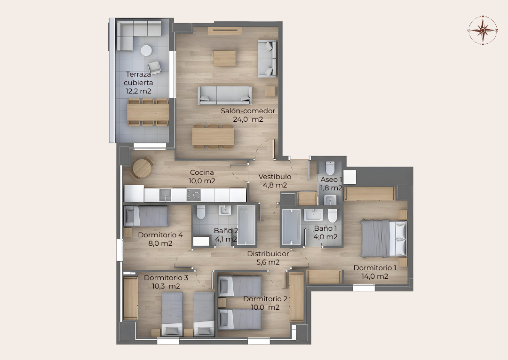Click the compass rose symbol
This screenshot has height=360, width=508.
click(x=483, y=30)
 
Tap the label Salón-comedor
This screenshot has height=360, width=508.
click(x=248, y=111)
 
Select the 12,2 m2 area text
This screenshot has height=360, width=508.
click(x=138, y=91)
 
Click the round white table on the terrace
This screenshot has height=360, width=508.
click(x=146, y=50)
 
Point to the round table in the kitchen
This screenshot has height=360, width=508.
click(x=142, y=168)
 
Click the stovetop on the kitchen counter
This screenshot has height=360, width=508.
click(x=193, y=195)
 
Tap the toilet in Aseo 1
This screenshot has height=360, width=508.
click(x=330, y=168)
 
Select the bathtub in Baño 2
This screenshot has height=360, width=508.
click(x=246, y=225)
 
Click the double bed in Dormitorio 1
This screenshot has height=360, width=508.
click(x=383, y=238)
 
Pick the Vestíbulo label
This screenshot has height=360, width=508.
click(x=275, y=177)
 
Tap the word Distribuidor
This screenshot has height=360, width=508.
click(x=268, y=254)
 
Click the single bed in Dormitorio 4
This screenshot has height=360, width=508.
click(x=146, y=216)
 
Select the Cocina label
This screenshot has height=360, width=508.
click(x=202, y=172)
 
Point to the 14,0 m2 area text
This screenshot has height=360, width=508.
click(x=375, y=276)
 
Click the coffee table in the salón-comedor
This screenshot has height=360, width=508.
click(x=224, y=59)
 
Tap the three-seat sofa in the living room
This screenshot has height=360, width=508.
click(x=225, y=95)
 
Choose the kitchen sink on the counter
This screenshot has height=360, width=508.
click(x=165, y=195)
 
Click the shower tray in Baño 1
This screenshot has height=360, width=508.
click(x=291, y=227)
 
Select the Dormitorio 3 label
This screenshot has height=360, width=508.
click(x=166, y=278)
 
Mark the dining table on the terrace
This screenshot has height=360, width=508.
click(x=148, y=112)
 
